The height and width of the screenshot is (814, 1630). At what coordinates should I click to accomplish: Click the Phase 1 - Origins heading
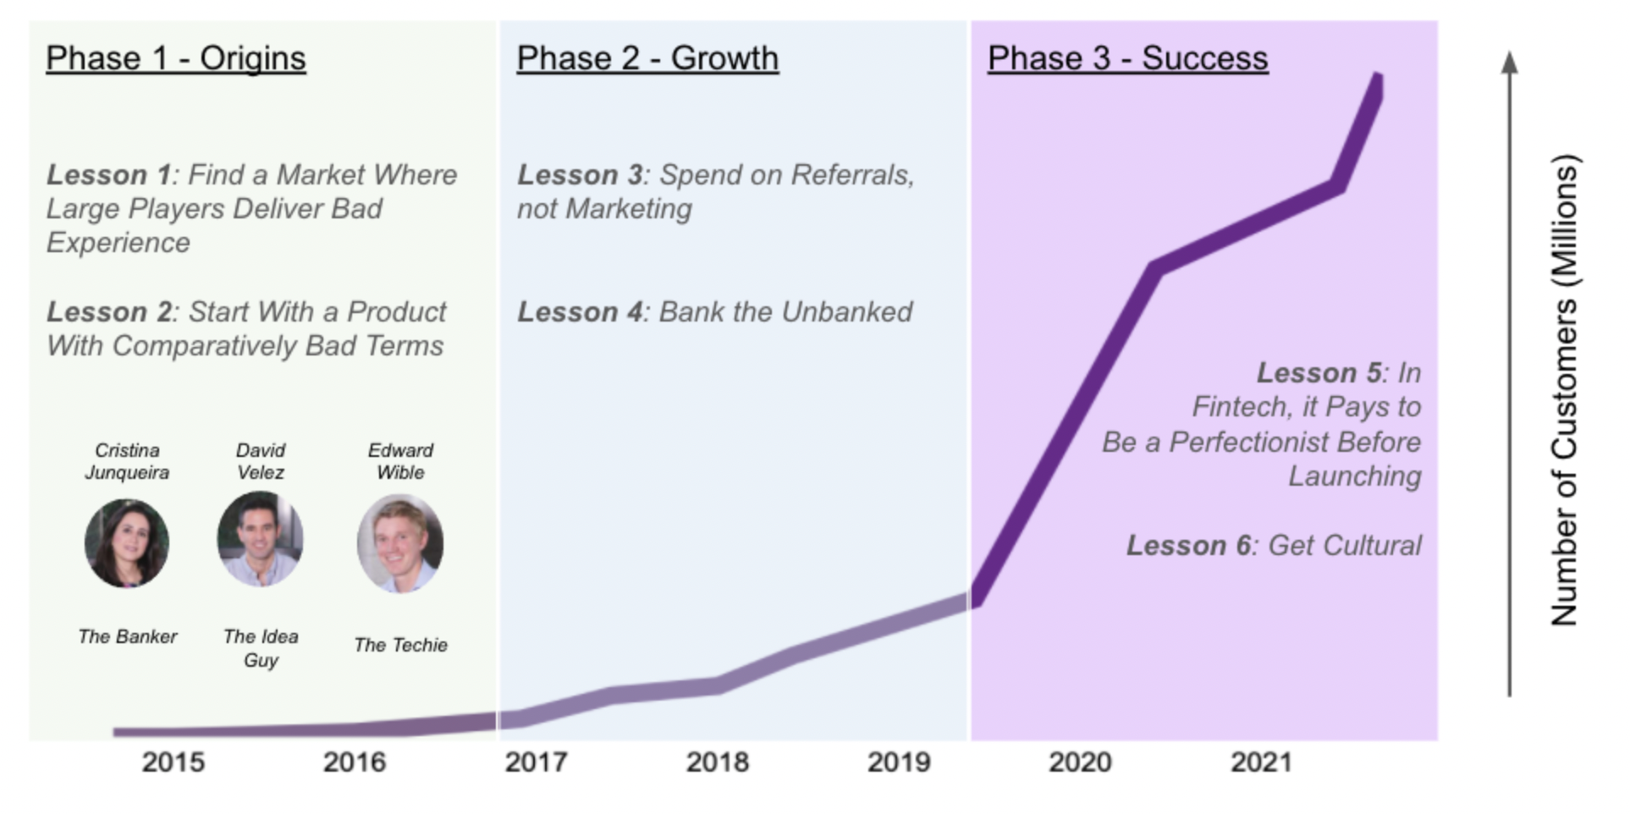[x=176, y=58]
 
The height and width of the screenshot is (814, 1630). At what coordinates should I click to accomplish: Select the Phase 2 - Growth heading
[x=647, y=58]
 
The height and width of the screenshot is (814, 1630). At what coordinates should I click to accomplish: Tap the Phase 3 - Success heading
[x=1128, y=58]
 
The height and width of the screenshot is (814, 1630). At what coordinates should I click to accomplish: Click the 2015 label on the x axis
[x=173, y=762]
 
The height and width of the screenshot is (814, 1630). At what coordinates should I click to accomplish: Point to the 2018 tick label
[x=718, y=762]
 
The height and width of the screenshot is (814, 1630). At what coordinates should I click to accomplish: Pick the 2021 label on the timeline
[x=1261, y=762]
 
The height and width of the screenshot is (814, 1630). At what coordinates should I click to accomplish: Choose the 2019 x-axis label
[x=899, y=762]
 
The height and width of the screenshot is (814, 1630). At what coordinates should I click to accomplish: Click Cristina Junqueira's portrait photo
[x=127, y=542]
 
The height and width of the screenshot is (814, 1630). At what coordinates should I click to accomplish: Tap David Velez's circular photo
[x=260, y=539]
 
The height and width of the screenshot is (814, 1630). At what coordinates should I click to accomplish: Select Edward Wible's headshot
[x=400, y=543]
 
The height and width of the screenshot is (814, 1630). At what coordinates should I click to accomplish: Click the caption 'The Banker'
[x=128, y=636]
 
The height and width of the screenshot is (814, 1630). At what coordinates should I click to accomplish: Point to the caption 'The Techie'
[x=400, y=645]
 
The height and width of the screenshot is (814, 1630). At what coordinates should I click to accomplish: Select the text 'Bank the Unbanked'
[x=785, y=312]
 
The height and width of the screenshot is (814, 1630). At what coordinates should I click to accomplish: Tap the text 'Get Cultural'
[x=1345, y=546]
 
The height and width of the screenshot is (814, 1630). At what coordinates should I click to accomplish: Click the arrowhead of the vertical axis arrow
[x=1509, y=61]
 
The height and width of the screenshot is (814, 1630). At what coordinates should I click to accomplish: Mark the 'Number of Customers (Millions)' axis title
[x=1564, y=390]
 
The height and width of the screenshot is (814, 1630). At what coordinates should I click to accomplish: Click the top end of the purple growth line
[x=1377, y=77]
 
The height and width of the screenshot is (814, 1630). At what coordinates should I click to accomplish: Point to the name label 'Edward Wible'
[x=400, y=461]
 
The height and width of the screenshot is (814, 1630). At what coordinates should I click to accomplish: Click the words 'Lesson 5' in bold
[x=1319, y=373]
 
